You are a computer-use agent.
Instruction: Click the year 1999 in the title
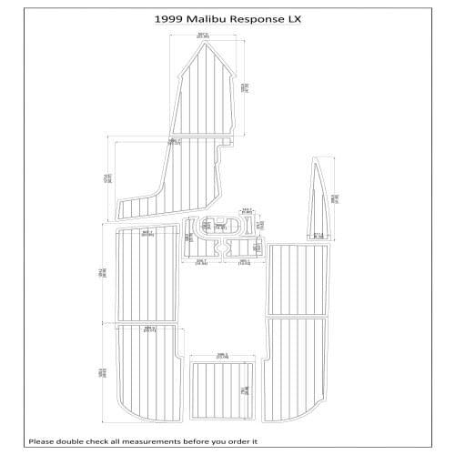click(x=167, y=16)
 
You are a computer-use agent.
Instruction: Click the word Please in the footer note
click(x=43, y=441)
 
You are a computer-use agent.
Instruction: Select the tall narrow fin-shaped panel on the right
click(x=319, y=200)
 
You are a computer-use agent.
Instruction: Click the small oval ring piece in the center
click(x=223, y=227)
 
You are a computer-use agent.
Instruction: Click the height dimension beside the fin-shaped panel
click(x=336, y=197)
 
